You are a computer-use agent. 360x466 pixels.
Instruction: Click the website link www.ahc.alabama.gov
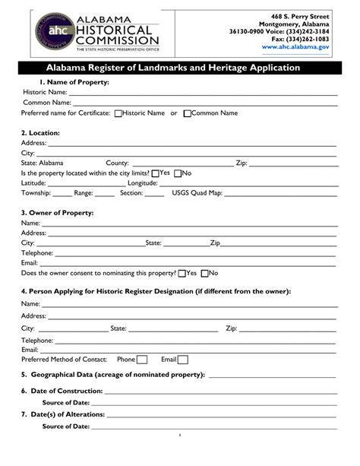click(x=295, y=47)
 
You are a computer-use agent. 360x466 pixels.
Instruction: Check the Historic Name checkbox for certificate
click(x=118, y=113)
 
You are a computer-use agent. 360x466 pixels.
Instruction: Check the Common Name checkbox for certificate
click(x=187, y=113)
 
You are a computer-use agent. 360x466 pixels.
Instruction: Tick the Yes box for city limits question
click(x=156, y=173)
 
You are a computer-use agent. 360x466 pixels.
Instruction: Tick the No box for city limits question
click(x=178, y=173)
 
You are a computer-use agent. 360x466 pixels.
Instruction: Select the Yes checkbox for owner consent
click(x=182, y=273)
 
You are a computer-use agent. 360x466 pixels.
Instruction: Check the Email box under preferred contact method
click(x=182, y=360)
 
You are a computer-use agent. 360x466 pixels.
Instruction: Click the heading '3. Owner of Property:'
click(x=57, y=213)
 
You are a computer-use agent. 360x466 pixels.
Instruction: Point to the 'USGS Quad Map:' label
click(x=197, y=193)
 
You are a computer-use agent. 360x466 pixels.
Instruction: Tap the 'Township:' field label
click(x=36, y=193)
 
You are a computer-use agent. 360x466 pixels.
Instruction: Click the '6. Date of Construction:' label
click(x=62, y=391)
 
